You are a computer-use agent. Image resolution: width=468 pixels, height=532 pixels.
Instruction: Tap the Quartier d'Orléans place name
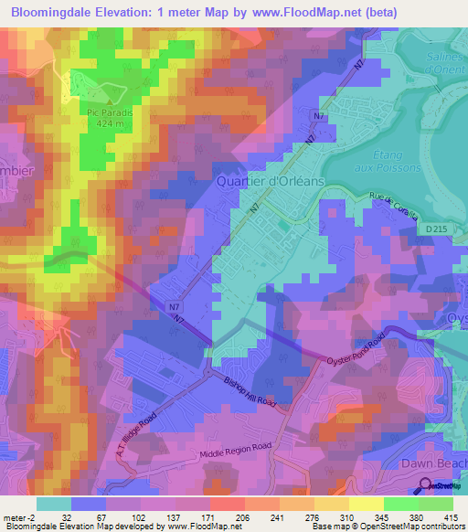270,181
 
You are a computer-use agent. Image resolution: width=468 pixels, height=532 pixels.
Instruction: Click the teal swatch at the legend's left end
52,504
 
